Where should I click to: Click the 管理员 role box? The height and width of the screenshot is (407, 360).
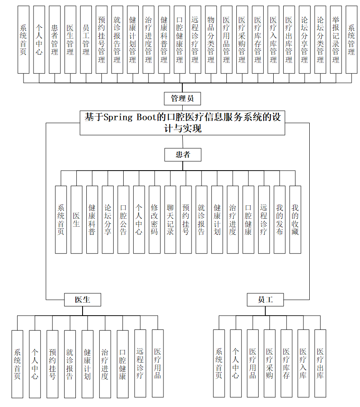[x=182, y=99]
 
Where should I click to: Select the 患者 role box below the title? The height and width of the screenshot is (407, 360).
[x=182, y=155]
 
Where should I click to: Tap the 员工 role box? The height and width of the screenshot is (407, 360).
[x=265, y=300]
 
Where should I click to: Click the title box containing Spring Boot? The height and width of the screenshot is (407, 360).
[x=182, y=123]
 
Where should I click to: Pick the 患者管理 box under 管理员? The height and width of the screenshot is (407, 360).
[x=54, y=40]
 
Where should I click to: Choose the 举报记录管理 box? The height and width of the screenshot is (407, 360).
[x=336, y=40]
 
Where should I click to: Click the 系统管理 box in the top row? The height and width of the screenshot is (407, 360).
[x=351, y=40]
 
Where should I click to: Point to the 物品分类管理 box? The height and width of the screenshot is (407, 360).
[x=211, y=40]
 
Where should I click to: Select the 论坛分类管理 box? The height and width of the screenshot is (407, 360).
[x=320, y=40]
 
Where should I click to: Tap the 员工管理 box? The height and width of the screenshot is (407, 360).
[x=86, y=40]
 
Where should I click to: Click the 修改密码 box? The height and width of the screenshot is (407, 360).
[x=154, y=220]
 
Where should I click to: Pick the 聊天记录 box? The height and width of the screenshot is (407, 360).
[x=170, y=220]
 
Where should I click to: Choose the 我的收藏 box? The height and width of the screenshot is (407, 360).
[x=295, y=220]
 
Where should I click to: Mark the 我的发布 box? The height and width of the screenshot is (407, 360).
[x=280, y=220]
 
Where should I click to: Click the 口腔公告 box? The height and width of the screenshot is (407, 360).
[x=123, y=220]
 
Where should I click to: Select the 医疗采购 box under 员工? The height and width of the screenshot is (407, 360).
[x=269, y=363]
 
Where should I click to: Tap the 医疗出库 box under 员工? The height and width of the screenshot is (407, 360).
[x=320, y=363]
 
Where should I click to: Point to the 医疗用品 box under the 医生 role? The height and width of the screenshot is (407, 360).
[x=158, y=363]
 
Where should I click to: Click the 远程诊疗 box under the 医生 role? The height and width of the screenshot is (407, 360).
[x=140, y=363]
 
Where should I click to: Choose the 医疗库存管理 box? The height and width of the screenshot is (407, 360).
[x=258, y=40]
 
